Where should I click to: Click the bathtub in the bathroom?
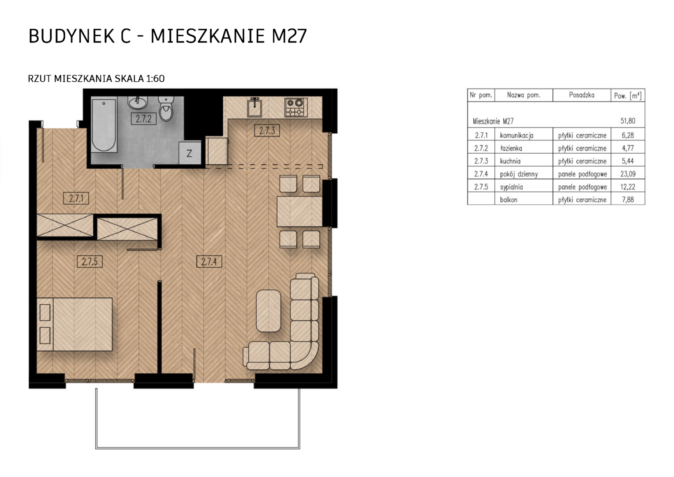coord(104,125)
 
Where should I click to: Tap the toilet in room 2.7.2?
coord(166,109)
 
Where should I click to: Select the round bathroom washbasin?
coord(138,102)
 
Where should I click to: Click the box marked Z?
coord(190,153)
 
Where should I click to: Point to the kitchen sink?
coord(255,107)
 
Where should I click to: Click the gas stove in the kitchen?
coord(296,107)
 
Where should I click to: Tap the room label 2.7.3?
coord(267,130)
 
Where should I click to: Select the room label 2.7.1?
coord(76,199)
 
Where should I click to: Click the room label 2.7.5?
coord(90,261)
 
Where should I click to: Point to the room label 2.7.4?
coord(209,261)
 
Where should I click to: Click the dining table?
coord(300,212)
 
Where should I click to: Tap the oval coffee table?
coord(268,311)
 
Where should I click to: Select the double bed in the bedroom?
coord(75,324)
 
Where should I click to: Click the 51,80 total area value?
coord(628,121)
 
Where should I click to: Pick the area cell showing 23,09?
coord(628,174)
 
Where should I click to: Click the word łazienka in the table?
coord(511,148)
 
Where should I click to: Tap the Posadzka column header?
coord(582,95)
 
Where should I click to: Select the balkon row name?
coord(509,200)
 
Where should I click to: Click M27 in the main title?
coord(289,36)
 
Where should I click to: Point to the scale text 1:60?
coord(155,79)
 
